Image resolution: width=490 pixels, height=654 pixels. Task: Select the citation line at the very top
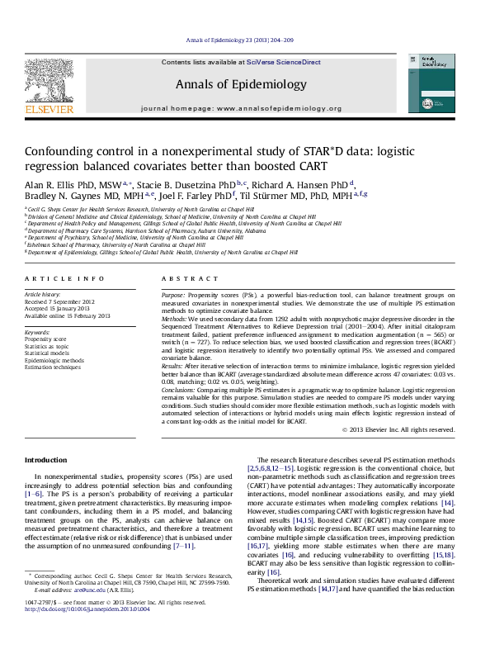coord(245,40)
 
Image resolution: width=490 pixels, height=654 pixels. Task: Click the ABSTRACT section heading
coord(178,280)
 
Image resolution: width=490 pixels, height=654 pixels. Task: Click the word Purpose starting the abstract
coord(172,295)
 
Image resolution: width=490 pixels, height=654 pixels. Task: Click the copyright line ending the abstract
coord(398,429)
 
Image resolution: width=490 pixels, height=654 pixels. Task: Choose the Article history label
coord(42,295)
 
